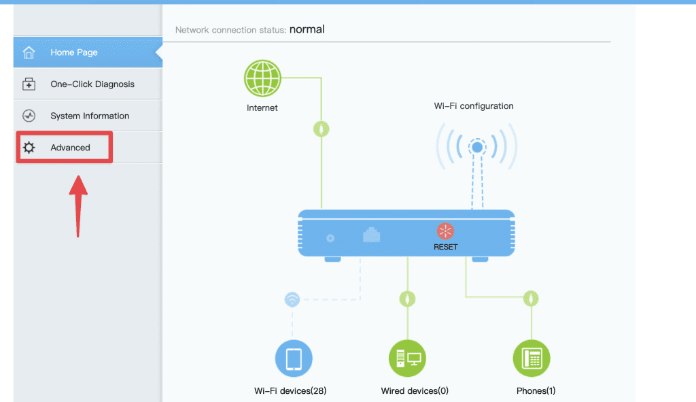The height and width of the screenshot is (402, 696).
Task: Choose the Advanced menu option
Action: [x=70, y=148]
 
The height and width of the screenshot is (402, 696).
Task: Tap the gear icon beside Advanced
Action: [x=29, y=148]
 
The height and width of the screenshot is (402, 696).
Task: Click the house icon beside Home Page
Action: [x=29, y=52]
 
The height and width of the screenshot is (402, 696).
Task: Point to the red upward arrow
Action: [x=78, y=206]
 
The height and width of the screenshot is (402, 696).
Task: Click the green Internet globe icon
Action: [x=262, y=78]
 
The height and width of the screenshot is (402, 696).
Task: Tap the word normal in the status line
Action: [x=307, y=29]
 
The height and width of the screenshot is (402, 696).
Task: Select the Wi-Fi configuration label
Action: [x=474, y=105]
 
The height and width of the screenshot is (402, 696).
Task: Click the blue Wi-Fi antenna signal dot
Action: [x=477, y=147]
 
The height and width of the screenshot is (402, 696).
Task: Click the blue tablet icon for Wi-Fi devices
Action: [x=294, y=358]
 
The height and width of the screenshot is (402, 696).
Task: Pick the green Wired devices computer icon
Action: [x=407, y=358]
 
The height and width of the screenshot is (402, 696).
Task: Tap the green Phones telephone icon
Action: [x=532, y=358]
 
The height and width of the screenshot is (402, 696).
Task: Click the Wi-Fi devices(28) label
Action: [x=290, y=391]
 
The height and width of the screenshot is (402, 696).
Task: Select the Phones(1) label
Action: [x=536, y=391]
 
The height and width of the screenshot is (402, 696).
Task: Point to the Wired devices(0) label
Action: [x=415, y=391]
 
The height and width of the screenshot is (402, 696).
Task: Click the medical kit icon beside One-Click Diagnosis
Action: [x=29, y=84]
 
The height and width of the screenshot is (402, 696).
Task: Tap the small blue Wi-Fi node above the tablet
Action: [x=292, y=299]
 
